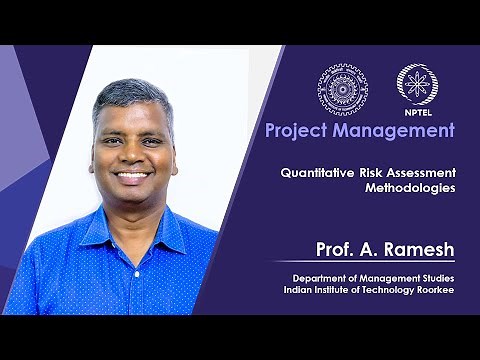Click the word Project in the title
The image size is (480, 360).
coord(295,130)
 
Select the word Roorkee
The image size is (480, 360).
coord(431,289)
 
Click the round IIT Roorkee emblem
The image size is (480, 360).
coord(342,89)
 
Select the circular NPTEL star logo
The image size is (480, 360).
coord(415,84)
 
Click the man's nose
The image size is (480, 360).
coord(133,155)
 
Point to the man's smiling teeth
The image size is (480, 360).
coord(133,175)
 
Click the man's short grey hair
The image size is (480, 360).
coord(130,95)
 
